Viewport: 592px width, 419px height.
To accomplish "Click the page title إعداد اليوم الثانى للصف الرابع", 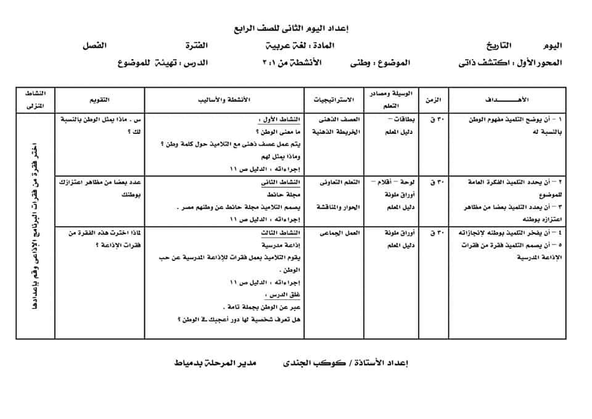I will coord(295,28).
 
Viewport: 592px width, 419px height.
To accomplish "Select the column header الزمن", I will coord(434,99).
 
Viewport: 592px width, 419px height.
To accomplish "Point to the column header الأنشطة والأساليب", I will coord(228,99).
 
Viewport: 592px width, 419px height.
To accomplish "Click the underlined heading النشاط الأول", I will coord(282,120).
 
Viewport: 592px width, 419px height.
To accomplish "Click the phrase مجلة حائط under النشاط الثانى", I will coord(286,194).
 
